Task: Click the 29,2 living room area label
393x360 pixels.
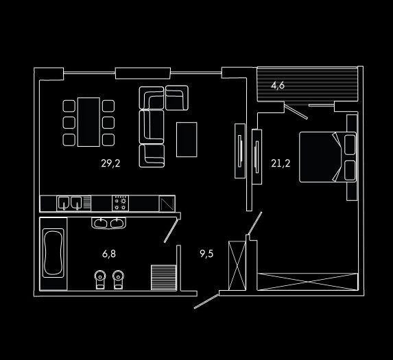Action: [110, 163]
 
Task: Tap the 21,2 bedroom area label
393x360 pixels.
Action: [281, 163]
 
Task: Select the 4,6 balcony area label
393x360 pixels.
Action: [278, 86]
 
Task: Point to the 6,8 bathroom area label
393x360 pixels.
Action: [109, 254]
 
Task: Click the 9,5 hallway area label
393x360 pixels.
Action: [206, 254]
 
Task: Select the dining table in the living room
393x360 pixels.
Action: [88, 122]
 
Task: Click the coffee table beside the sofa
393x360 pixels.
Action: [187, 139]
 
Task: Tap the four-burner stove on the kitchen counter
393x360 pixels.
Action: [120, 203]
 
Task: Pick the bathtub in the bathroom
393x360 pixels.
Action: [53, 253]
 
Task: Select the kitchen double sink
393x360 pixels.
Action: [70, 203]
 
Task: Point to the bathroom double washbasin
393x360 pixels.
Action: [109, 223]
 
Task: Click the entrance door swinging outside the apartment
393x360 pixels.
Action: [206, 302]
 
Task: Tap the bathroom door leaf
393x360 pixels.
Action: [171, 230]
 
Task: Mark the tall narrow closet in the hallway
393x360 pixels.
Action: [237, 265]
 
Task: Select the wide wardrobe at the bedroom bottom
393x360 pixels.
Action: [307, 282]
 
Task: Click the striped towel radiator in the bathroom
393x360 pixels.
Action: [164, 278]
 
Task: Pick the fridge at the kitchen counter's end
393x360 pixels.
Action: [167, 203]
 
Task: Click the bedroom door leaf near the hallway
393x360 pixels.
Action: [255, 224]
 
